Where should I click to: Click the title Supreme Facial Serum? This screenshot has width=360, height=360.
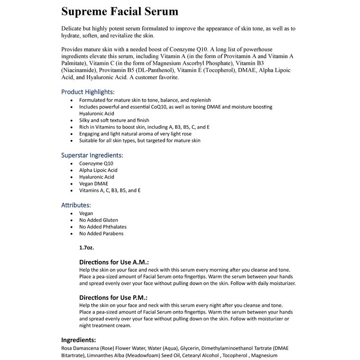tap(120, 11)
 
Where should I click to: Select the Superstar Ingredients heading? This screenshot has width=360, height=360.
tap(92, 155)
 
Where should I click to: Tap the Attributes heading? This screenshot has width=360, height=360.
tap(79, 205)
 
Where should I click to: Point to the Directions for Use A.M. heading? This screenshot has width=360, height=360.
tap(114, 262)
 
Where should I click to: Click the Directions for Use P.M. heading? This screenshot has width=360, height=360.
tap(113, 297)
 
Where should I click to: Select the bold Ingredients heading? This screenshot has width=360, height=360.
tap(78, 340)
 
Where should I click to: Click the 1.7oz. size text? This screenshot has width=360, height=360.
tap(86, 247)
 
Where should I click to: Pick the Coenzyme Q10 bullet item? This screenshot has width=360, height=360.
tap(96, 163)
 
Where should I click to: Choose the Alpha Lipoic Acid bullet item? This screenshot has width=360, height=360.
tap(98, 170)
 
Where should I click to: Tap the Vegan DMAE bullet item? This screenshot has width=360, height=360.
tap(94, 184)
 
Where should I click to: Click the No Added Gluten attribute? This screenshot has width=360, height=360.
tap(99, 220)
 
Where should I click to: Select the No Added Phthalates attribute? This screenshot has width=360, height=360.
tap(103, 227)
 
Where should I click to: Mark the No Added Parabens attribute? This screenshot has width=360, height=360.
tap(101, 234)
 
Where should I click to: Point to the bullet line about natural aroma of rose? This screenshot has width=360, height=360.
tap(135, 134)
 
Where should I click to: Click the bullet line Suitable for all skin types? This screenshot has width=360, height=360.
tap(139, 140)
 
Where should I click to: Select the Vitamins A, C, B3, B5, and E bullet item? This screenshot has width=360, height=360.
tap(110, 190)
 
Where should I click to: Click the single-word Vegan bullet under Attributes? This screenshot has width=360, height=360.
tap(86, 213)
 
